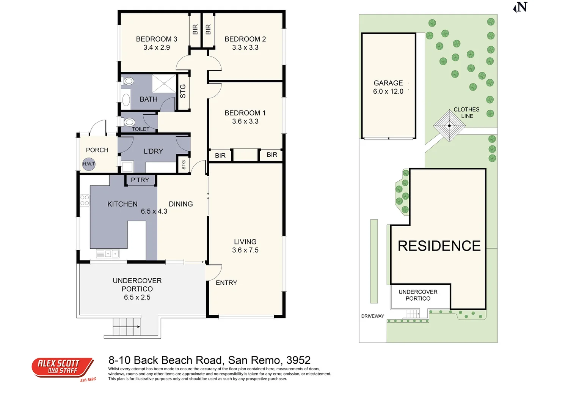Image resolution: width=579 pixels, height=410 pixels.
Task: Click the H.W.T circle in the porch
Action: pyautogui.click(x=89, y=164)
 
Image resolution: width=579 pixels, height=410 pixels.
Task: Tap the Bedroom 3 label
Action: pyautogui.click(x=157, y=39)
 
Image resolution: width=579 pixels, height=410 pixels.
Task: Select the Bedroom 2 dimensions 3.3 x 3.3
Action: pyautogui.click(x=245, y=47)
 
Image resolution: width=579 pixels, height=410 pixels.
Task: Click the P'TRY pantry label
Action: pyautogui.click(x=140, y=180)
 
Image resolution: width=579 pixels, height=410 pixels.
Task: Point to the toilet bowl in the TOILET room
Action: pyautogui.click(x=129, y=122)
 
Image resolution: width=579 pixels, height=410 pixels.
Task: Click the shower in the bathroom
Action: pyautogui.click(x=164, y=84)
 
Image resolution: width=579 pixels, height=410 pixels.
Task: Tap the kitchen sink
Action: pyautogui.click(x=108, y=254)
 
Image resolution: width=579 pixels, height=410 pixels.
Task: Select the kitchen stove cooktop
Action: pyautogui.click(x=85, y=200)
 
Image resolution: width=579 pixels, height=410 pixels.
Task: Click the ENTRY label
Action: pyautogui.click(x=226, y=283)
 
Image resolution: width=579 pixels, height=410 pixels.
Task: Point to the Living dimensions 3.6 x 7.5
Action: pyautogui.click(x=245, y=250)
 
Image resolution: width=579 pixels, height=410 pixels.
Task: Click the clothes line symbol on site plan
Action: pyautogui.click(x=449, y=126)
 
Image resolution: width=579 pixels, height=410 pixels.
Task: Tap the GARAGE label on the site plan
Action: pyautogui.click(x=388, y=83)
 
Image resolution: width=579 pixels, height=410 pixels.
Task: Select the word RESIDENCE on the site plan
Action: pyautogui.click(x=439, y=246)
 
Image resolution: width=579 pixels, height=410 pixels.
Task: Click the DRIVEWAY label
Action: pyautogui.click(x=372, y=316)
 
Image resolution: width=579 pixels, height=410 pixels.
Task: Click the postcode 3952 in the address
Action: pyautogui.click(x=298, y=360)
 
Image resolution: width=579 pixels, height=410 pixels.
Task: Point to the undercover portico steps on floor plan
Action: pyautogui.click(x=127, y=326)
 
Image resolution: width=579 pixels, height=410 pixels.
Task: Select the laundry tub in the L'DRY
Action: pyautogui.click(x=127, y=167)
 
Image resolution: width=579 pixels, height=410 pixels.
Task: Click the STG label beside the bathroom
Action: pyautogui.click(x=183, y=91)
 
